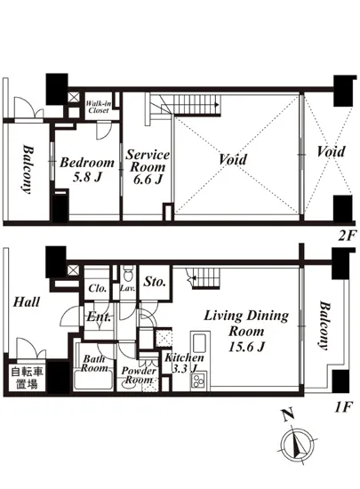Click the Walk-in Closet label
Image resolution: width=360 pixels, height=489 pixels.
tap(98, 107)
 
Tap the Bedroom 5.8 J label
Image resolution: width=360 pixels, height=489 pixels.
tap(87, 169)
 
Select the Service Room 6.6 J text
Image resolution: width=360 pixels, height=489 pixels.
tap(148, 167)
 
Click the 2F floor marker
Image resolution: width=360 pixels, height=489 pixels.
tap(347, 236)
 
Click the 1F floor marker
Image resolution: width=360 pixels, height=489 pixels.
tap(343, 407)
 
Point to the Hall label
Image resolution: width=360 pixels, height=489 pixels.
tap(27, 302)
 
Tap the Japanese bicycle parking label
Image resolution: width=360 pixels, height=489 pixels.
tap(27, 378)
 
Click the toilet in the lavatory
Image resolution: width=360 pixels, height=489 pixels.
tap(127, 274)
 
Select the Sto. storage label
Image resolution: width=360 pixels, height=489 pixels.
tap(155, 282)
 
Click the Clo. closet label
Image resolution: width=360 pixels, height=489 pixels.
tap(98, 288)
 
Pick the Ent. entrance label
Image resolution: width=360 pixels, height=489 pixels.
tap(99, 317)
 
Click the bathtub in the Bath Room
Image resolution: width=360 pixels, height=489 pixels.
tap(94, 379)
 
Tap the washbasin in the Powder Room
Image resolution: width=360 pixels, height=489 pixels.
tap(129, 383)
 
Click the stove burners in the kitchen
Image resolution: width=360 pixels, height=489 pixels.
tap(198, 381)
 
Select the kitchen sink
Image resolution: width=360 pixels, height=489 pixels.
tap(199, 343)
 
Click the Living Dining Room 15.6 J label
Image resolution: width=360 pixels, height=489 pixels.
tap(246, 331)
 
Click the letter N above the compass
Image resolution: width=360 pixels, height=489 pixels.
tap(288, 415)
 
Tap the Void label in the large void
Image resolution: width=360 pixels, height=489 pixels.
tap(232, 159)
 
